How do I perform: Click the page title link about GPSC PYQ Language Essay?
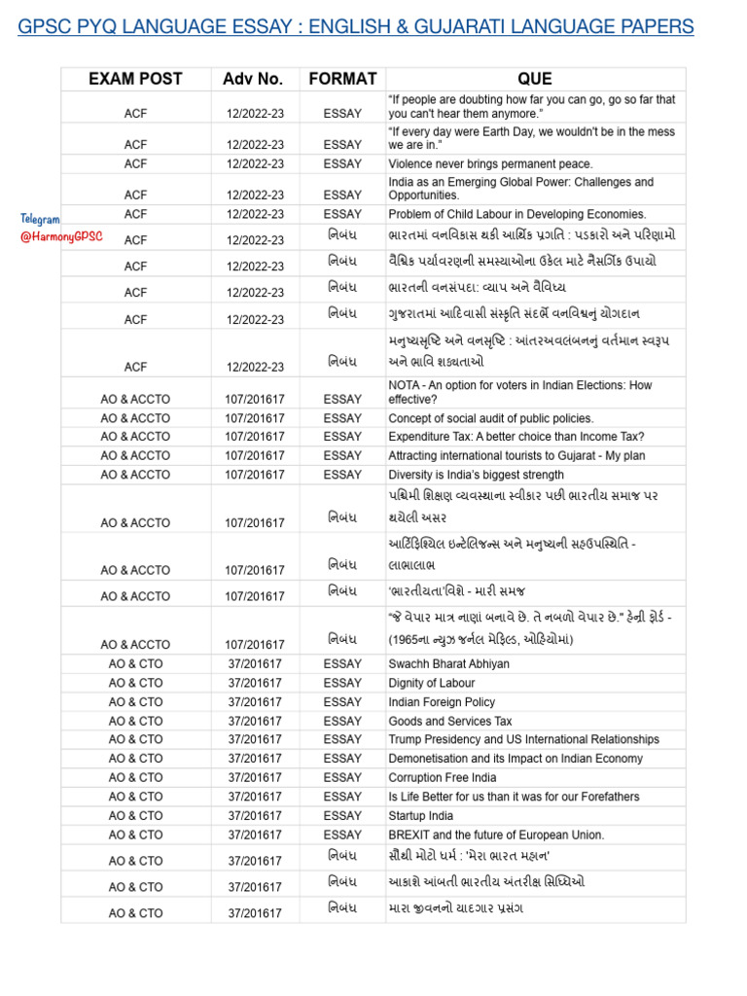click(x=356, y=26)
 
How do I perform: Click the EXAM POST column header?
click(x=135, y=79)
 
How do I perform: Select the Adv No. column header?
click(x=252, y=79)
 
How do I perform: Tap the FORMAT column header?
click(x=341, y=79)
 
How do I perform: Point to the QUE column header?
click(x=534, y=79)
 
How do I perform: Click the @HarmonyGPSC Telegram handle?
click(x=61, y=236)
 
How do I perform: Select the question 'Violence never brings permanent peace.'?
click(x=490, y=164)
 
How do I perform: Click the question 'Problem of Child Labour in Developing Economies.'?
click(x=516, y=214)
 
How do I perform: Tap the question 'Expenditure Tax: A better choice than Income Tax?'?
click(x=516, y=437)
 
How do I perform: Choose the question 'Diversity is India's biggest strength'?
click(x=476, y=475)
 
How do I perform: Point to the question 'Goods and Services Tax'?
click(x=449, y=721)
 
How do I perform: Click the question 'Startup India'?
click(x=422, y=815)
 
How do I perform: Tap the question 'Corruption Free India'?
click(x=442, y=777)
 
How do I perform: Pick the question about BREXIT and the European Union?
click(x=496, y=835)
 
